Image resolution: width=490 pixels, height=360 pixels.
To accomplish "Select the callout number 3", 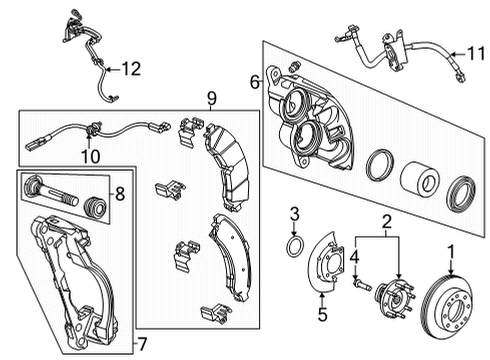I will point(294,212).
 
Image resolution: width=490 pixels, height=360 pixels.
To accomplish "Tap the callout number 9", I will point(211,99).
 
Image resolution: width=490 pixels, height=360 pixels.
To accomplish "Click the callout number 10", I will point(90,156).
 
